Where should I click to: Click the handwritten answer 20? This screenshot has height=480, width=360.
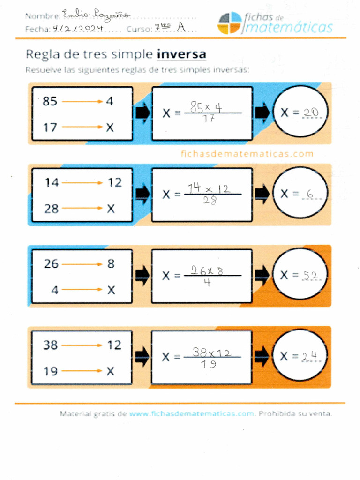click(x=311, y=112)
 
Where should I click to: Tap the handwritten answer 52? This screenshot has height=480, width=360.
click(x=310, y=276)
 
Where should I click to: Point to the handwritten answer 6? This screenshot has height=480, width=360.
click(x=309, y=194)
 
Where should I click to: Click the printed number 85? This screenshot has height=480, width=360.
click(x=50, y=101)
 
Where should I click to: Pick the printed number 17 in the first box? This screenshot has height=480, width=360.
click(x=50, y=127)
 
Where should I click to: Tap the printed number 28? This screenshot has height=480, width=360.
click(x=52, y=209)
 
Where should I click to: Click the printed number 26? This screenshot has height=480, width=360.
click(x=51, y=264)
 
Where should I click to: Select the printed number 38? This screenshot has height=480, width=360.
click(x=51, y=345)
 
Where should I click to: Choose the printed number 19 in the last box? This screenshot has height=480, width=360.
click(x=51, y=372)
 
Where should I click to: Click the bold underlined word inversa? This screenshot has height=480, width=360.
click(x=181, y=54)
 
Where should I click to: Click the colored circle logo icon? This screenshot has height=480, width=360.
click(x=230, y=23)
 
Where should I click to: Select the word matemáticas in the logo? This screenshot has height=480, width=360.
click(x=289, y=28)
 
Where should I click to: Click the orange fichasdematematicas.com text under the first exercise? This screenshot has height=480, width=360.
click(x=247, y=153)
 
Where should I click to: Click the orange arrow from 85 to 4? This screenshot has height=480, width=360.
click(x=82, y=101)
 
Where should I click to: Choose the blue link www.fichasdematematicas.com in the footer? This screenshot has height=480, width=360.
click(x=191, y=413)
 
